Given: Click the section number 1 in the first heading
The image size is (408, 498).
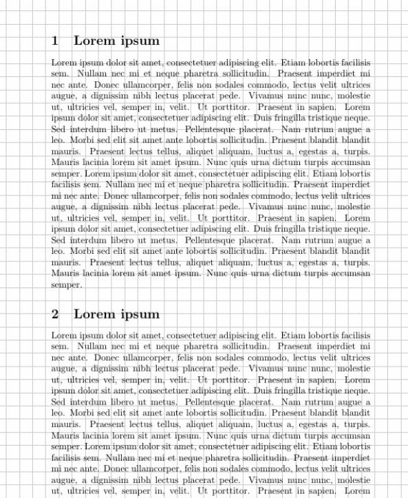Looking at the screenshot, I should point(55,41).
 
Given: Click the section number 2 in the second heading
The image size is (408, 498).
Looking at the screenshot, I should point(55,314).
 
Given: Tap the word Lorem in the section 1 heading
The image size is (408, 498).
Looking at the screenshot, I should point(92,41).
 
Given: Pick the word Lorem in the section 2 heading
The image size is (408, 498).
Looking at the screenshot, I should point(92,314).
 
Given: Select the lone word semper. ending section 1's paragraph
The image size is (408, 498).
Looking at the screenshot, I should point(66,285).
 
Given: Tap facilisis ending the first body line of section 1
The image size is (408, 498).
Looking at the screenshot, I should point(354,62).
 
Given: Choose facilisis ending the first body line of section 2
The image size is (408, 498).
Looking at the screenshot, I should point(354,335).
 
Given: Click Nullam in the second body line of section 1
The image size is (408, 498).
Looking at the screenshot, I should point(89,73).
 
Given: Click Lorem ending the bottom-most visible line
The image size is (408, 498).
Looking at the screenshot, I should point(358,491).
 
